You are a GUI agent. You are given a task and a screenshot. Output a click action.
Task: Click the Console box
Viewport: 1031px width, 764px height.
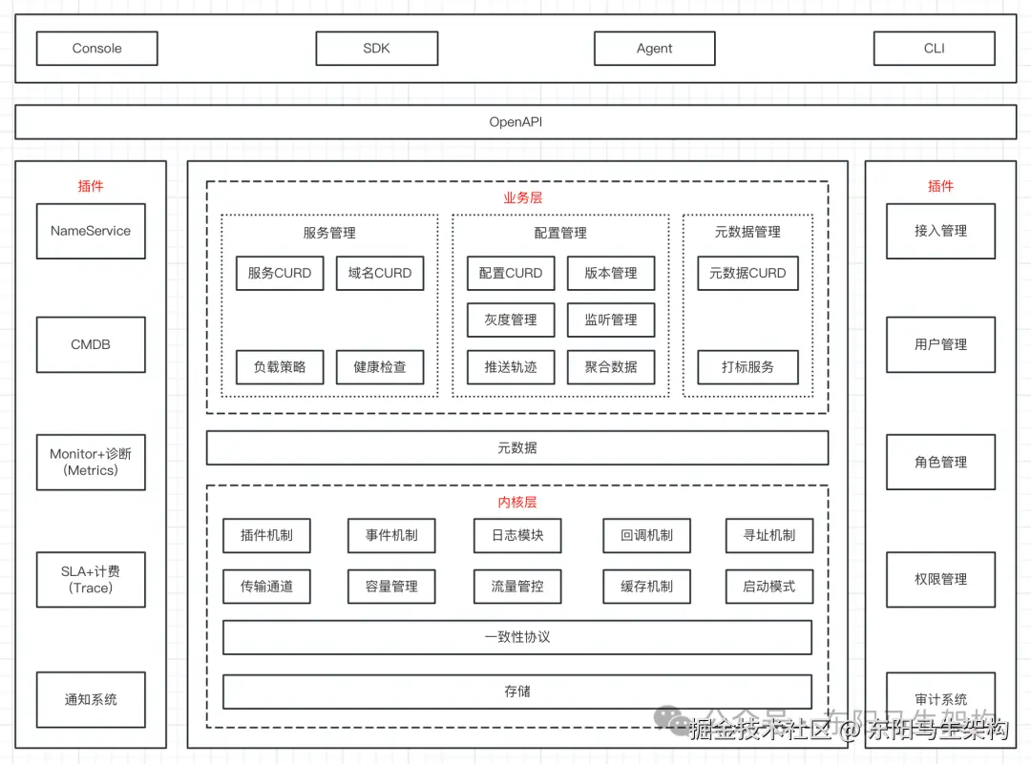[x=96, y=49]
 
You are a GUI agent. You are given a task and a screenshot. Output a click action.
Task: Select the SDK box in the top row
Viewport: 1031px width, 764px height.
[x=376, y=49]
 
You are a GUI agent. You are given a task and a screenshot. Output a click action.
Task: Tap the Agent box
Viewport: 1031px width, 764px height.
[x=654, y=49]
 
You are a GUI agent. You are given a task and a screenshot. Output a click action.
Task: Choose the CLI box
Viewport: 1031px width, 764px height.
[x=934, y=49]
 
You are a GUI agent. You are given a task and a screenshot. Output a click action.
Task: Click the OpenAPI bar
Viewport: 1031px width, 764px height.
[x=515, y=122]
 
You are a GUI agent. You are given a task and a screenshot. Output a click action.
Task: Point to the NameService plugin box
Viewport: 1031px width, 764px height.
[x=91, y=231]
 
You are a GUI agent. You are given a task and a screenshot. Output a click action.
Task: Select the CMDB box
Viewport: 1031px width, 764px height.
[x=91, y=344]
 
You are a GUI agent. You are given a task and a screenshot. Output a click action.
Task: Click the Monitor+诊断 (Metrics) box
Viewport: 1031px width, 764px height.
[x=91, y=463]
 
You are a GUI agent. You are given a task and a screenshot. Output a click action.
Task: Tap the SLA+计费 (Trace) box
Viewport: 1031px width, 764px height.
[x=91, y=580]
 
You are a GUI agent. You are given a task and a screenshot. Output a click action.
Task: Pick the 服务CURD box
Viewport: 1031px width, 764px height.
[x=280, y=273]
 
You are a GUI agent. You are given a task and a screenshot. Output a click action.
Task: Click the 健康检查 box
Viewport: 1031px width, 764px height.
[x=379, y=367]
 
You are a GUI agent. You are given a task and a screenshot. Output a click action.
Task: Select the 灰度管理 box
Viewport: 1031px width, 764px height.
[x=511, y=320]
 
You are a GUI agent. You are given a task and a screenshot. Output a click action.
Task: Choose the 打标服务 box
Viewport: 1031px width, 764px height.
[x=747, y=367]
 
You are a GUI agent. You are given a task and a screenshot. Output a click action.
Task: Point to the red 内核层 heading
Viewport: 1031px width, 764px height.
[x=517, y=503]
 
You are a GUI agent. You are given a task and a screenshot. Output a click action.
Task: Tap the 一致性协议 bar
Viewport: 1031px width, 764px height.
[x=517, y=637]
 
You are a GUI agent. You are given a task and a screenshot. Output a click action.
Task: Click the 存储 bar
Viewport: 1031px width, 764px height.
[x=517, y=692]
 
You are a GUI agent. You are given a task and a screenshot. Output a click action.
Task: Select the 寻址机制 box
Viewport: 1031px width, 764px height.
[x=768, y=535]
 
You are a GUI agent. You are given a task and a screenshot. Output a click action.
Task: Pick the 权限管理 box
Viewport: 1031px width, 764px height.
[x=940, y=580]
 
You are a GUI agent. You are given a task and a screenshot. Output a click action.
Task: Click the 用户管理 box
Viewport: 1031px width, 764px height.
[x=940, y=344]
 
